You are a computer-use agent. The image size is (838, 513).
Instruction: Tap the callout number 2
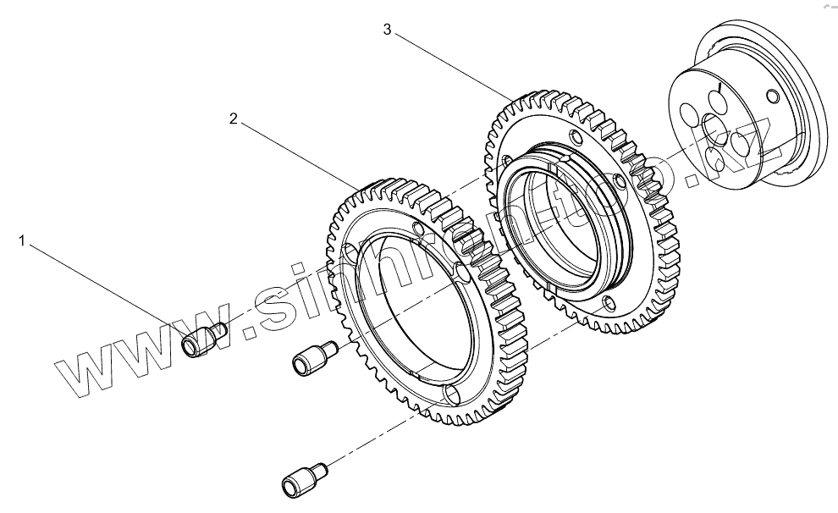tap(234, 119)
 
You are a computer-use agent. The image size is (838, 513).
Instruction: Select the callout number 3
tap(387, 30)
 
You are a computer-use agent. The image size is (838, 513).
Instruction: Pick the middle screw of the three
tap(312, 358)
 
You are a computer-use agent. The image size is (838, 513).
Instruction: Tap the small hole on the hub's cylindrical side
tap(770, 94)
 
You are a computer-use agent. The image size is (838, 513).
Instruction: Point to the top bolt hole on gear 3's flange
tap(576, 137)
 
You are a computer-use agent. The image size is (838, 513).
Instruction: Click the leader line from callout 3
tap(449, 63)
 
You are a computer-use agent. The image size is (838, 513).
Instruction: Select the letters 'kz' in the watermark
tap(745, 144)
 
